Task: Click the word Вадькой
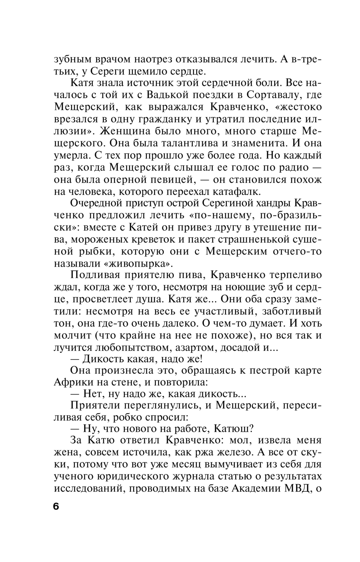click(168, 94)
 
